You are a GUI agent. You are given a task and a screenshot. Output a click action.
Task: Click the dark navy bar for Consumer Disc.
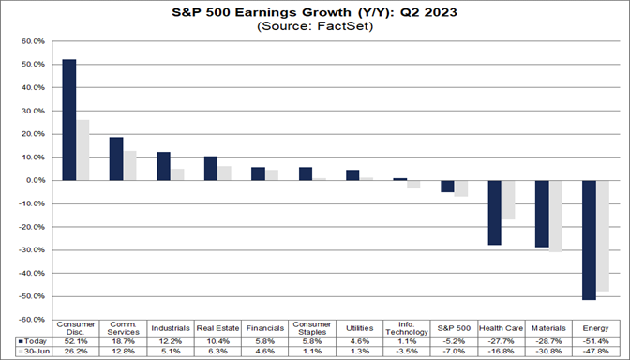tap(69, 120)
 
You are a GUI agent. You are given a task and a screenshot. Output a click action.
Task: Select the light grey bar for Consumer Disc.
tap(83, 150)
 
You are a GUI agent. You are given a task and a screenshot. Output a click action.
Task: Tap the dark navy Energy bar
tap(591, 239)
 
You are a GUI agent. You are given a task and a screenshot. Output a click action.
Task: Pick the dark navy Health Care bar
tap(495, 212)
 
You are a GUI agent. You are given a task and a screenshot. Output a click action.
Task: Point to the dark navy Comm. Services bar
tap(116, 158)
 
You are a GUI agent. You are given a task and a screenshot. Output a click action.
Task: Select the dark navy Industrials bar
tap(164, 166)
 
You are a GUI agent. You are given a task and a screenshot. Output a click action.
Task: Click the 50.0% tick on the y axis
tap(33, 65)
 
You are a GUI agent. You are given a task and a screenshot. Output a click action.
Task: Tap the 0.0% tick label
tap(35, 180)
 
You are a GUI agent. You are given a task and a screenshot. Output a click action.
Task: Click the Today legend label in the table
tap(33, 340)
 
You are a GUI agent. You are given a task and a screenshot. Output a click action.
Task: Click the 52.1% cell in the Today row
tap(76, 340)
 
